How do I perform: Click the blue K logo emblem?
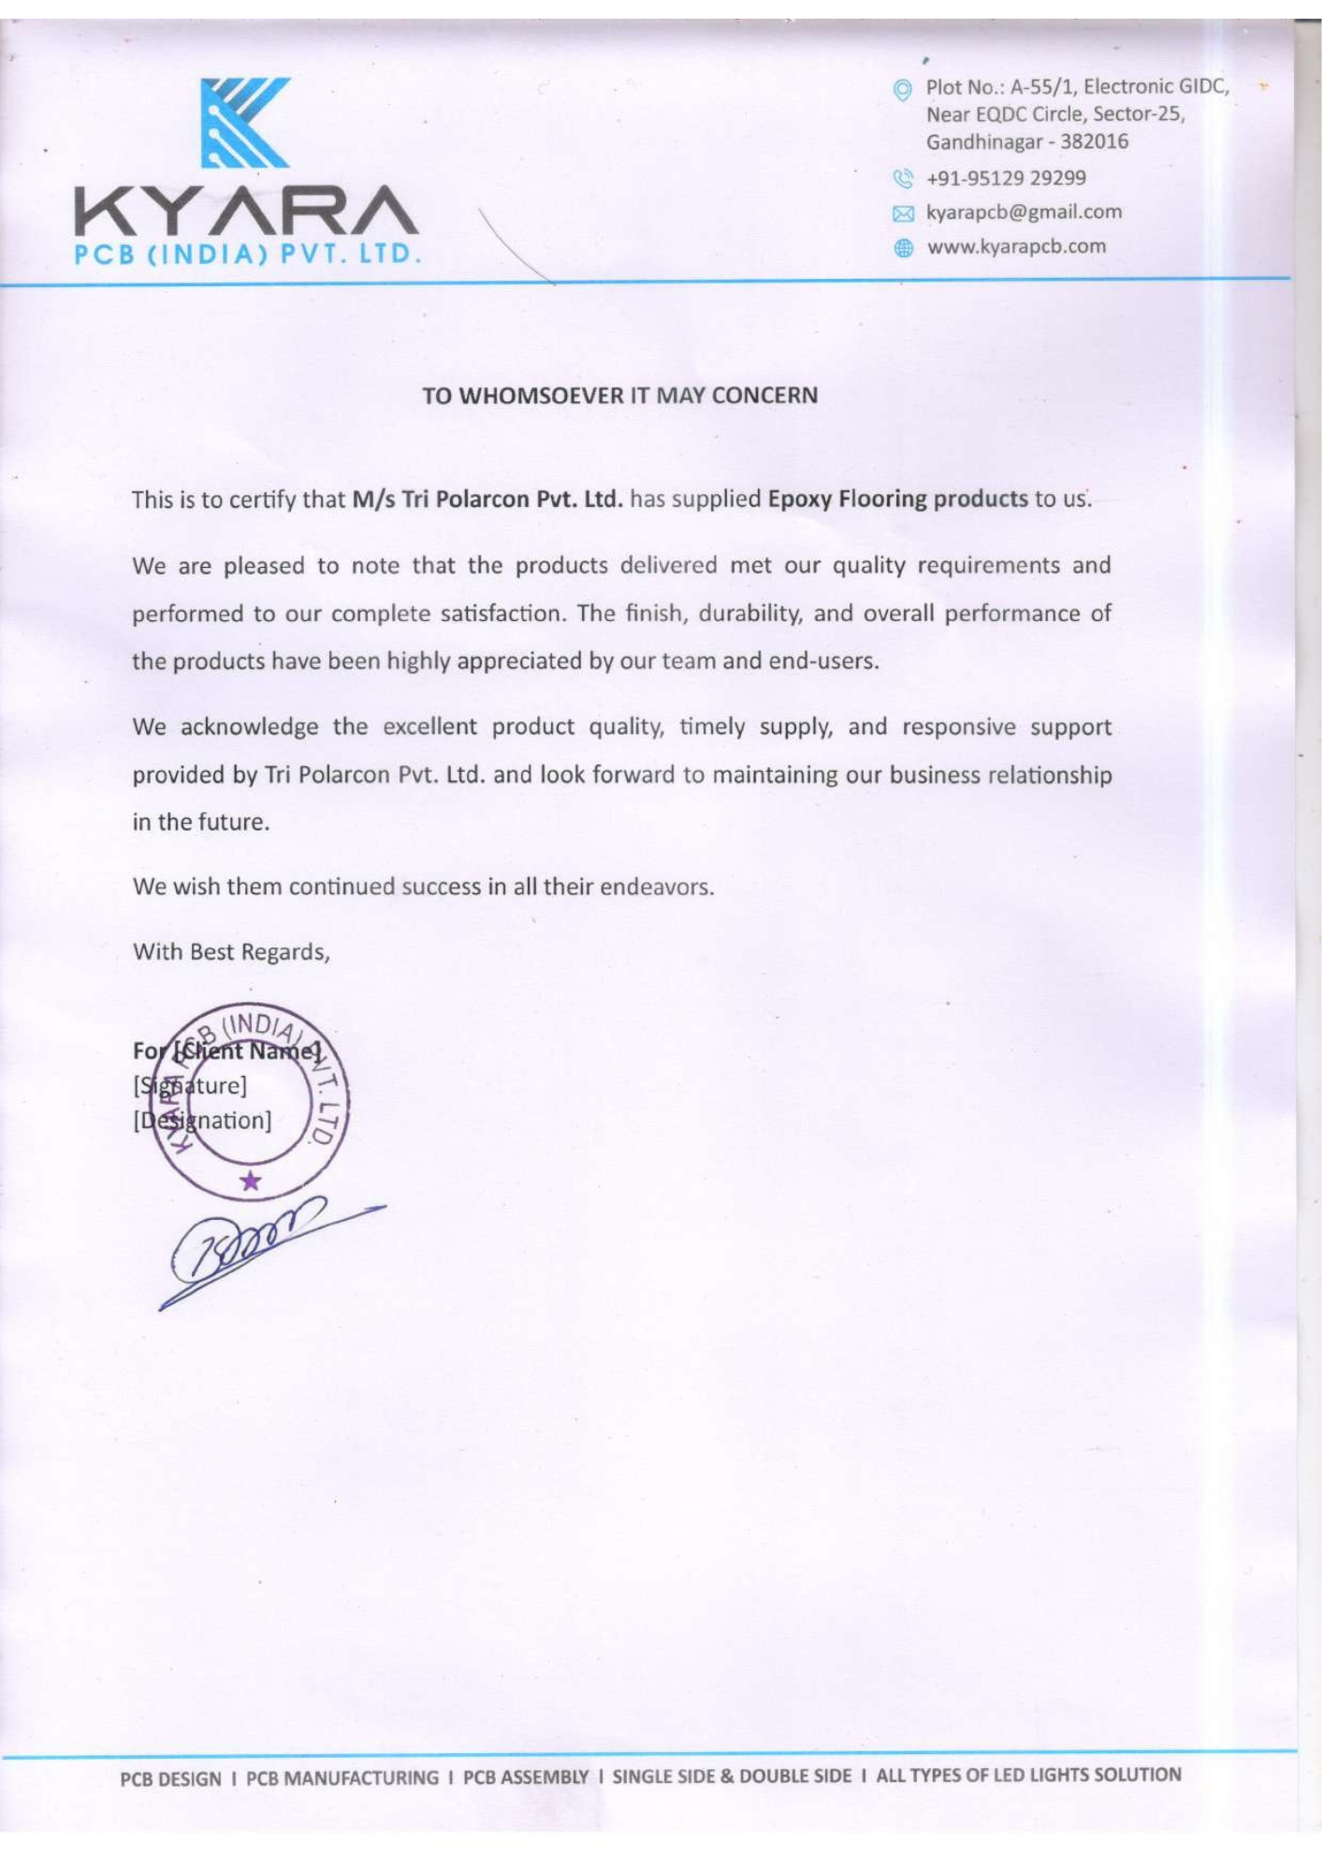pyautogui.click(x=245, y=123)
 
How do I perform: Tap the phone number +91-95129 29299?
pyautogui.click(x=1006, y=179)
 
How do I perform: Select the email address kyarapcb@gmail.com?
pyautogui.click(x=1024, y=212)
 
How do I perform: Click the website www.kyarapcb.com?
pyautogui.click(x=1016, y=247)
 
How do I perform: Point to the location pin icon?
pyautogui.click(x=902, y=90)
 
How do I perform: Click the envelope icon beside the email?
pyautogui.click(x=902, y=214)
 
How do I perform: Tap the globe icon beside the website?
pyautogui.click(x=903, y=248)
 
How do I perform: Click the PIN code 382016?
pyautogui.click(x=1094, y=142)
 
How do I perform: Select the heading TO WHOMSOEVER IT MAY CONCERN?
pyautogui.click(x=619, y=396)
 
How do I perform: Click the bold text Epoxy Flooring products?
pyautogui.click(x=897, y=499)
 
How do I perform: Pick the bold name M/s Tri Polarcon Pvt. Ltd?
pyautogui.click(x=487, y=500)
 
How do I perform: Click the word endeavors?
pyautogui.click(x=656, y=887)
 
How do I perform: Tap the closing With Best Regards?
pyautogui.click(x=231, y=952)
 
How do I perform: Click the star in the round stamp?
pyautogui.click(x=250, y=1181)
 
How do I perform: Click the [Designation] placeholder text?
pyautogui.click(x=202, y=1121)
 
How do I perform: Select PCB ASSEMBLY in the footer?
pyautogui.click(x=526, y=1777)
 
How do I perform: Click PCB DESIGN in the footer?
pyautogui.click(x=171, y=1778)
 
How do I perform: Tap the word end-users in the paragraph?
pyautogui.click(x=822, y=661)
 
